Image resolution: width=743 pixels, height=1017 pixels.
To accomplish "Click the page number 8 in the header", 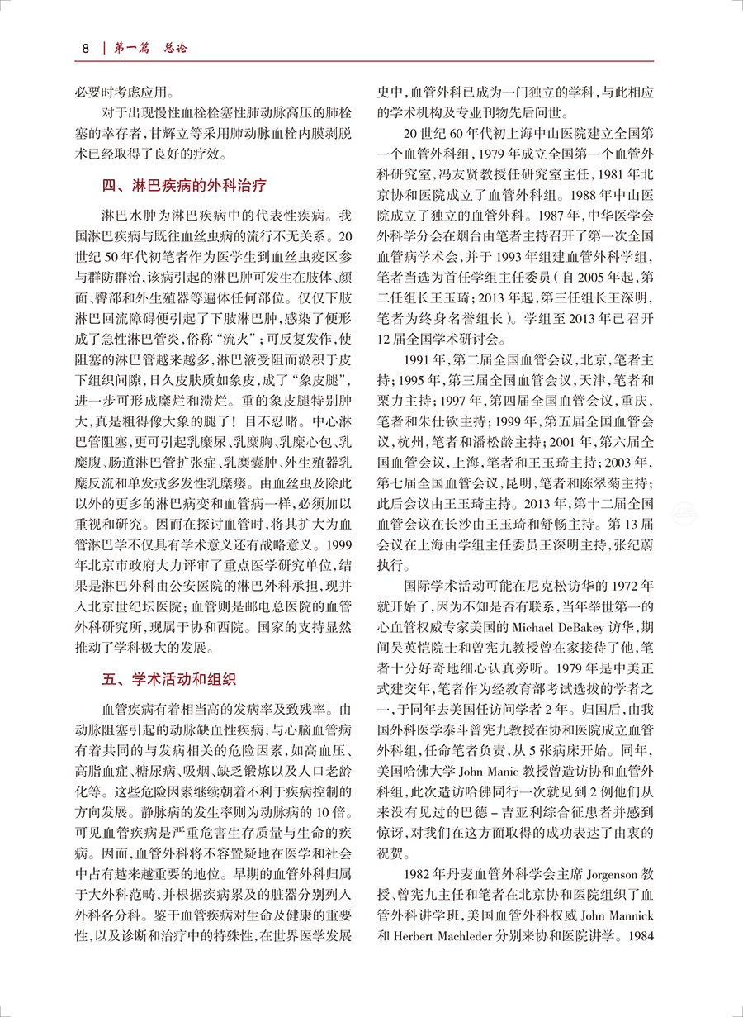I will [x=84, y=48].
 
